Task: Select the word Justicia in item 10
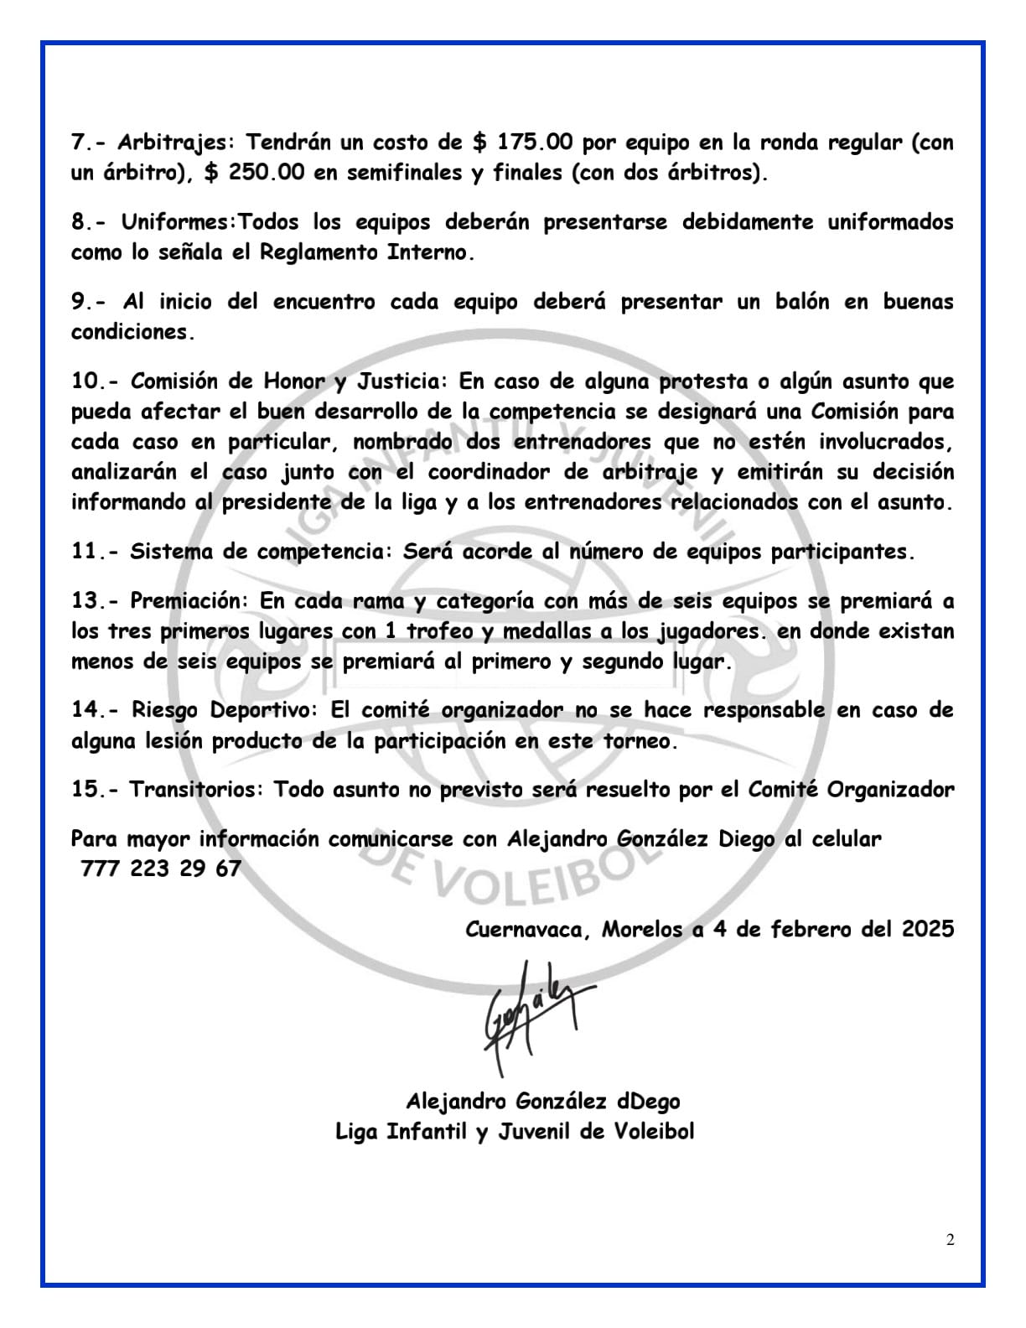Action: tap(403, 381)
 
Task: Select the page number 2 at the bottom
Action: tap(950, 1241)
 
